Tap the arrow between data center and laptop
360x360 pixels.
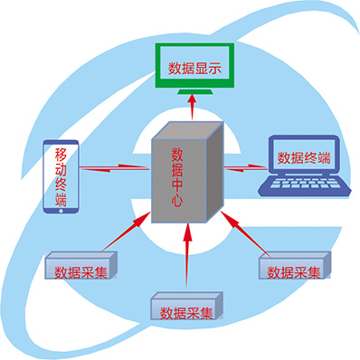click(x=242, y=166)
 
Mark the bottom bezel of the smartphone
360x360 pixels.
click(x=61, y=213)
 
